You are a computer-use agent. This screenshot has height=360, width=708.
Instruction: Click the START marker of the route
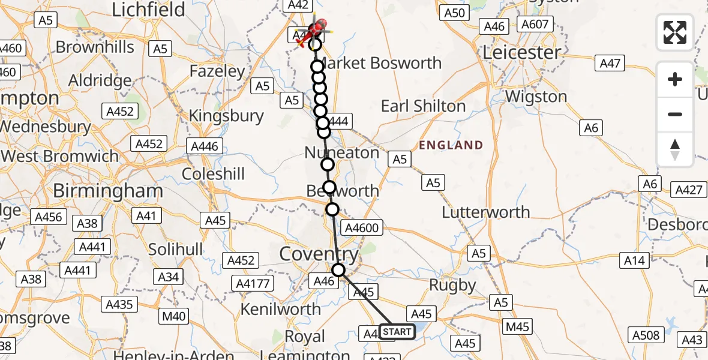pyautogui.click(x=397, y=331)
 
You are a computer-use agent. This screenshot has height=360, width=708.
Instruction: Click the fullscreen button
pyautogui.click(x=675, y=32)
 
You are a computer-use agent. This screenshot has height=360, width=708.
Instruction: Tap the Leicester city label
pyautogui.click(x=521, y=53)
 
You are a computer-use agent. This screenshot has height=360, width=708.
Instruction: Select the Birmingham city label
pyautogui.click(x=108, y=191)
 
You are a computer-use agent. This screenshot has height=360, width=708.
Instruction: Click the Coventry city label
pyautogui.click(x=319, y=254)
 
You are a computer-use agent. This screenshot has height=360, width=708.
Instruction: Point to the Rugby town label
pyautogui.click(x=452, y=286)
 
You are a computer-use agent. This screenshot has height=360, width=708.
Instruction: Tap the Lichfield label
pyautogui.click(x=148, y=10)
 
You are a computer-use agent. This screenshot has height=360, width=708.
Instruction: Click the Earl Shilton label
pyautogui.click(x=423, y=106)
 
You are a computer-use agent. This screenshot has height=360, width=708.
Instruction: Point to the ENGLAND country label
pyautogui.click(x=451, y=145)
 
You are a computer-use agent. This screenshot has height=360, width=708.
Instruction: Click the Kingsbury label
pyautogui.click(x=226, y=116)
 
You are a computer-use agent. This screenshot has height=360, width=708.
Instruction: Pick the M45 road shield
pyautogui.click(x=517, y=326)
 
